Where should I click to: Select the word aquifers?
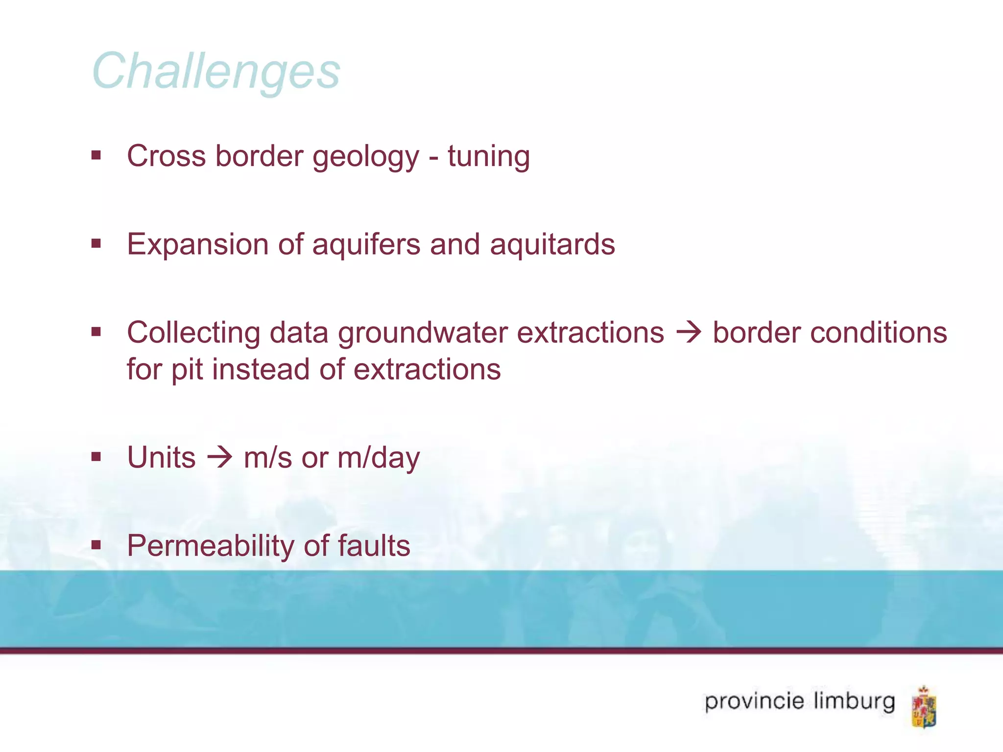[x=366, y=245]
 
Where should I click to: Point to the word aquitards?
[x=552, y=245]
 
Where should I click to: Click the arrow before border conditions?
[x=688, y=333]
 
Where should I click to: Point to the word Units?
[x=161, y=458]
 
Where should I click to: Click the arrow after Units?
[x=219, y=458]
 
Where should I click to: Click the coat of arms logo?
[x=924, y=707]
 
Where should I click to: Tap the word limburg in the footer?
[x=854, y=701]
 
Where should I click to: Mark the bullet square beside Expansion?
[x=96, y=243]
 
